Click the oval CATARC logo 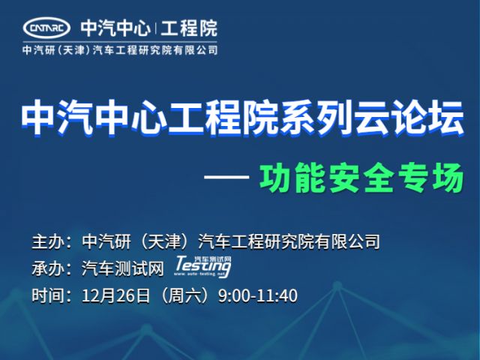click(x=46, y=28)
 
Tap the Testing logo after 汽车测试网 click(x=202, y=267)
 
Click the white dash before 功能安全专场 click(x=226, y=177)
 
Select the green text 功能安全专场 click(x=361, y=178)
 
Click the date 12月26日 click(x=116, y=295)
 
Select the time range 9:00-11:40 click(x=258, y=296)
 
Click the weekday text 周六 click(x=184, y=295)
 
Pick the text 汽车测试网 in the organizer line click(x=122, y=268)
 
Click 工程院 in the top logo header click(x=189, y=28)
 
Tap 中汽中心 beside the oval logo click(x=115, y=28)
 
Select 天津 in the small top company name click(x=72, y=50)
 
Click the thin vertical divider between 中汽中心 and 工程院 click(x=155, y=28)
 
